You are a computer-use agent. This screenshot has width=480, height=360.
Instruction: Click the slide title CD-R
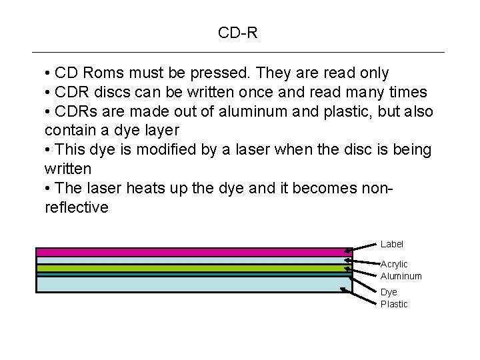click(237, 32)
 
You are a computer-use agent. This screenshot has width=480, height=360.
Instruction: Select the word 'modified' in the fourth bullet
click(161, 149)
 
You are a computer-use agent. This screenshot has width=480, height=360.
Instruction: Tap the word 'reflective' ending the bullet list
click(76, 207)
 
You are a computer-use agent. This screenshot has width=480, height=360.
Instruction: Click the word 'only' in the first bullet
click(373, 73)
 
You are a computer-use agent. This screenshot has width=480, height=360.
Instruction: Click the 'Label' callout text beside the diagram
click(392, 245)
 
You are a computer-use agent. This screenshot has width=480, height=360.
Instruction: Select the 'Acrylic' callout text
click(394, 265)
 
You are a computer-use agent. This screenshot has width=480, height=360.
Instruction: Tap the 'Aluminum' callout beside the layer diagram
click(401, 276)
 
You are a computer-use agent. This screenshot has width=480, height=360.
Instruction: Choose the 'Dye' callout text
click(389, 293)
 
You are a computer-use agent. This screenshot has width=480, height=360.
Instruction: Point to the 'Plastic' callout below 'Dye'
click(394, 304)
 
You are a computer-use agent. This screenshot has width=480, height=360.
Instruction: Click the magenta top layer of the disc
click(193, 252)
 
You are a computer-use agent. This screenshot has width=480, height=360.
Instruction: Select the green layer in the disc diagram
click(193, 268)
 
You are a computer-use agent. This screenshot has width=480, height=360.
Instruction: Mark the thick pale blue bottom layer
click(193, 284)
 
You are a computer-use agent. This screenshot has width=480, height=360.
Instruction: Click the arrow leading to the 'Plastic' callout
click(363, 297)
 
